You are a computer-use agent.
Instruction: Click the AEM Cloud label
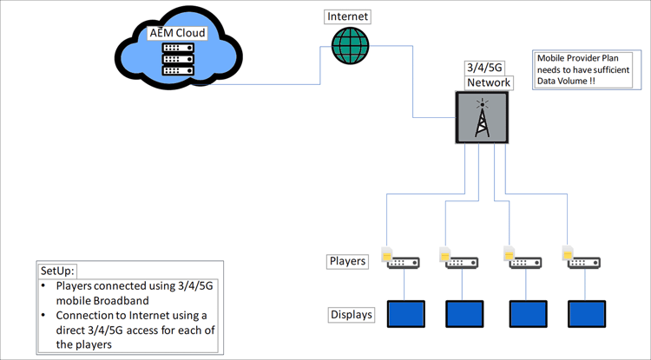point(178,33)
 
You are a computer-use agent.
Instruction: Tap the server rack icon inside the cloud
point(178,60)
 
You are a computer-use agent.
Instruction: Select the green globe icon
point(350,44)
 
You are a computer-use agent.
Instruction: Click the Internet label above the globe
point(348,16)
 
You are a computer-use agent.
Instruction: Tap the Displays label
point(352,314)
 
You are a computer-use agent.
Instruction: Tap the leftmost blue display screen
point(404,313)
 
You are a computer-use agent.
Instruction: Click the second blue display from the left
point(464,313)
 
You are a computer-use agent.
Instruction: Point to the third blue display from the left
point(527,313)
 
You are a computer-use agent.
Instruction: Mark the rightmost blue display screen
point(586,313)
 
